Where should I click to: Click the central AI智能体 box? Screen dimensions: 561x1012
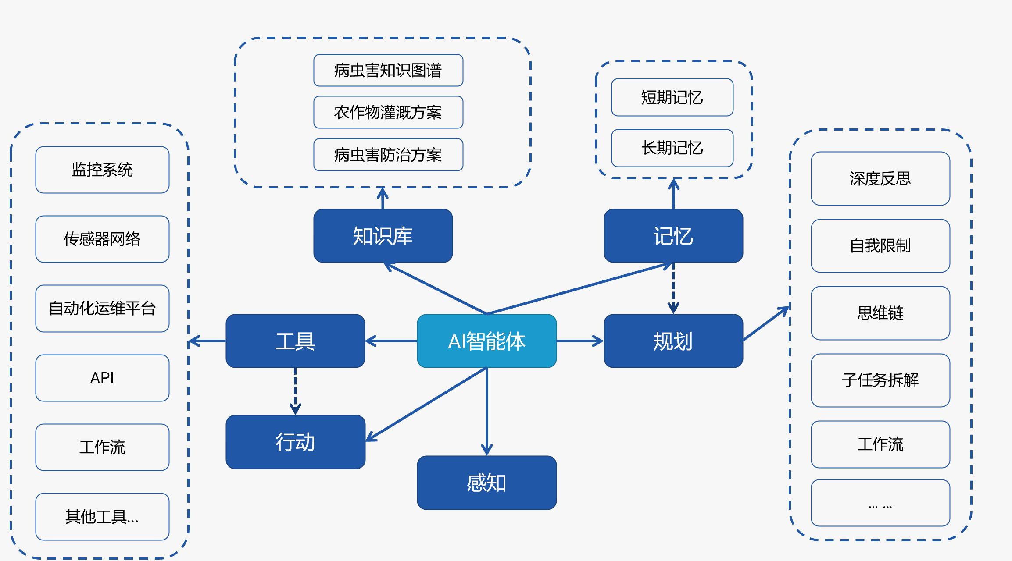coord(486,341)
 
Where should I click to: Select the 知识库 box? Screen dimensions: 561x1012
coord(383,236)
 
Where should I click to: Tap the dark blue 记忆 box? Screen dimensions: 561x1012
coord(673,236)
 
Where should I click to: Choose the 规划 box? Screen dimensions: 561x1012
coord(673,341)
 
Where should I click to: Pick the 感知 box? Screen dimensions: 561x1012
coord(486,483)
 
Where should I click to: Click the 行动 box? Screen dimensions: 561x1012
coord(295,442)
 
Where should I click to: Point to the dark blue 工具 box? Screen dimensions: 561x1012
coord(295,341)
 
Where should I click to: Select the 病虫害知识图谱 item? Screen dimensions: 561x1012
coord(388,70)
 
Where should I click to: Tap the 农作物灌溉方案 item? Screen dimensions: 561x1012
coord(388,112)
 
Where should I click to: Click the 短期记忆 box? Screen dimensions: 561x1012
coord(672,97)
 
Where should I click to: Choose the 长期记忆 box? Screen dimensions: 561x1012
coord(672,148)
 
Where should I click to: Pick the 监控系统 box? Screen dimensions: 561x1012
coord(102,170)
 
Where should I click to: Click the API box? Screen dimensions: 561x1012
coord(102,378)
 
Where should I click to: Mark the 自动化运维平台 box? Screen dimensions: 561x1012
coord(102,309)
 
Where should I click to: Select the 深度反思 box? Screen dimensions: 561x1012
coord(880,178)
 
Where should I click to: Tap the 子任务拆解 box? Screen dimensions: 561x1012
coord(880,380)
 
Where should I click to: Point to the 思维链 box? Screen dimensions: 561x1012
coord(880,313)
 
